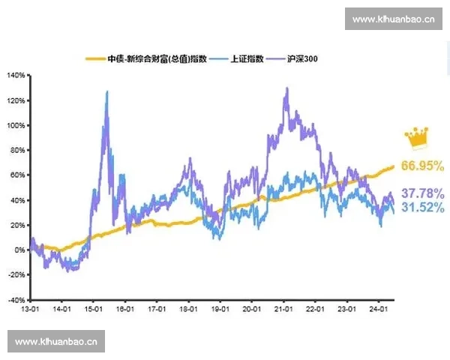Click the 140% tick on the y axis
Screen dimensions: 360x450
coord(16,76)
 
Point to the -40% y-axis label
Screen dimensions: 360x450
coord(15,299)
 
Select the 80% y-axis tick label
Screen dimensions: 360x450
coord(17,150)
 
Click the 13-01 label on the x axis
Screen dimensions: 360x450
coord(30,308)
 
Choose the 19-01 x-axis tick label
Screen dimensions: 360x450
coord(220,308)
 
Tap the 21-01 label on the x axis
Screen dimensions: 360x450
coord(283,308)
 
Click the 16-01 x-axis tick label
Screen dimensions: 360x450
coord(125,308)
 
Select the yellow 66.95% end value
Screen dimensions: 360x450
coord(422,165)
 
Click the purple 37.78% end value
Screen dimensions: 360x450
coord(422,193)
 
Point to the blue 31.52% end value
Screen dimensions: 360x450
coord(422,207)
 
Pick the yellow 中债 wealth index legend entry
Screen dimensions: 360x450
coord(147,58)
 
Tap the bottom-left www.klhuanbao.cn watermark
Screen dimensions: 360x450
coord(57,342)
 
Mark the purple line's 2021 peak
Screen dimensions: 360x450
coord(286,88)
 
